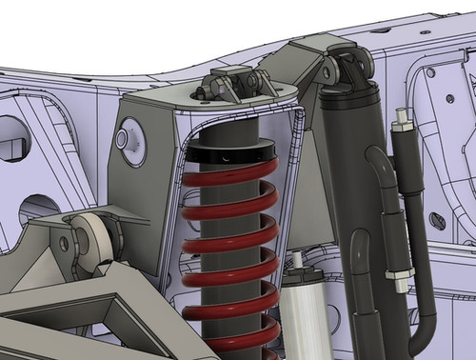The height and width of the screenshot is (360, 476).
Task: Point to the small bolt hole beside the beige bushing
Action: (x=65, y=244)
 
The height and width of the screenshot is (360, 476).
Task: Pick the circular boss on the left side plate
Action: (x=126, y=139)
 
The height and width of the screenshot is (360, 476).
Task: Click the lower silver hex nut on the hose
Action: (x=392, y=277)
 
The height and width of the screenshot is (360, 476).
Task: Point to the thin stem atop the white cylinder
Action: (x=296, y=258)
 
